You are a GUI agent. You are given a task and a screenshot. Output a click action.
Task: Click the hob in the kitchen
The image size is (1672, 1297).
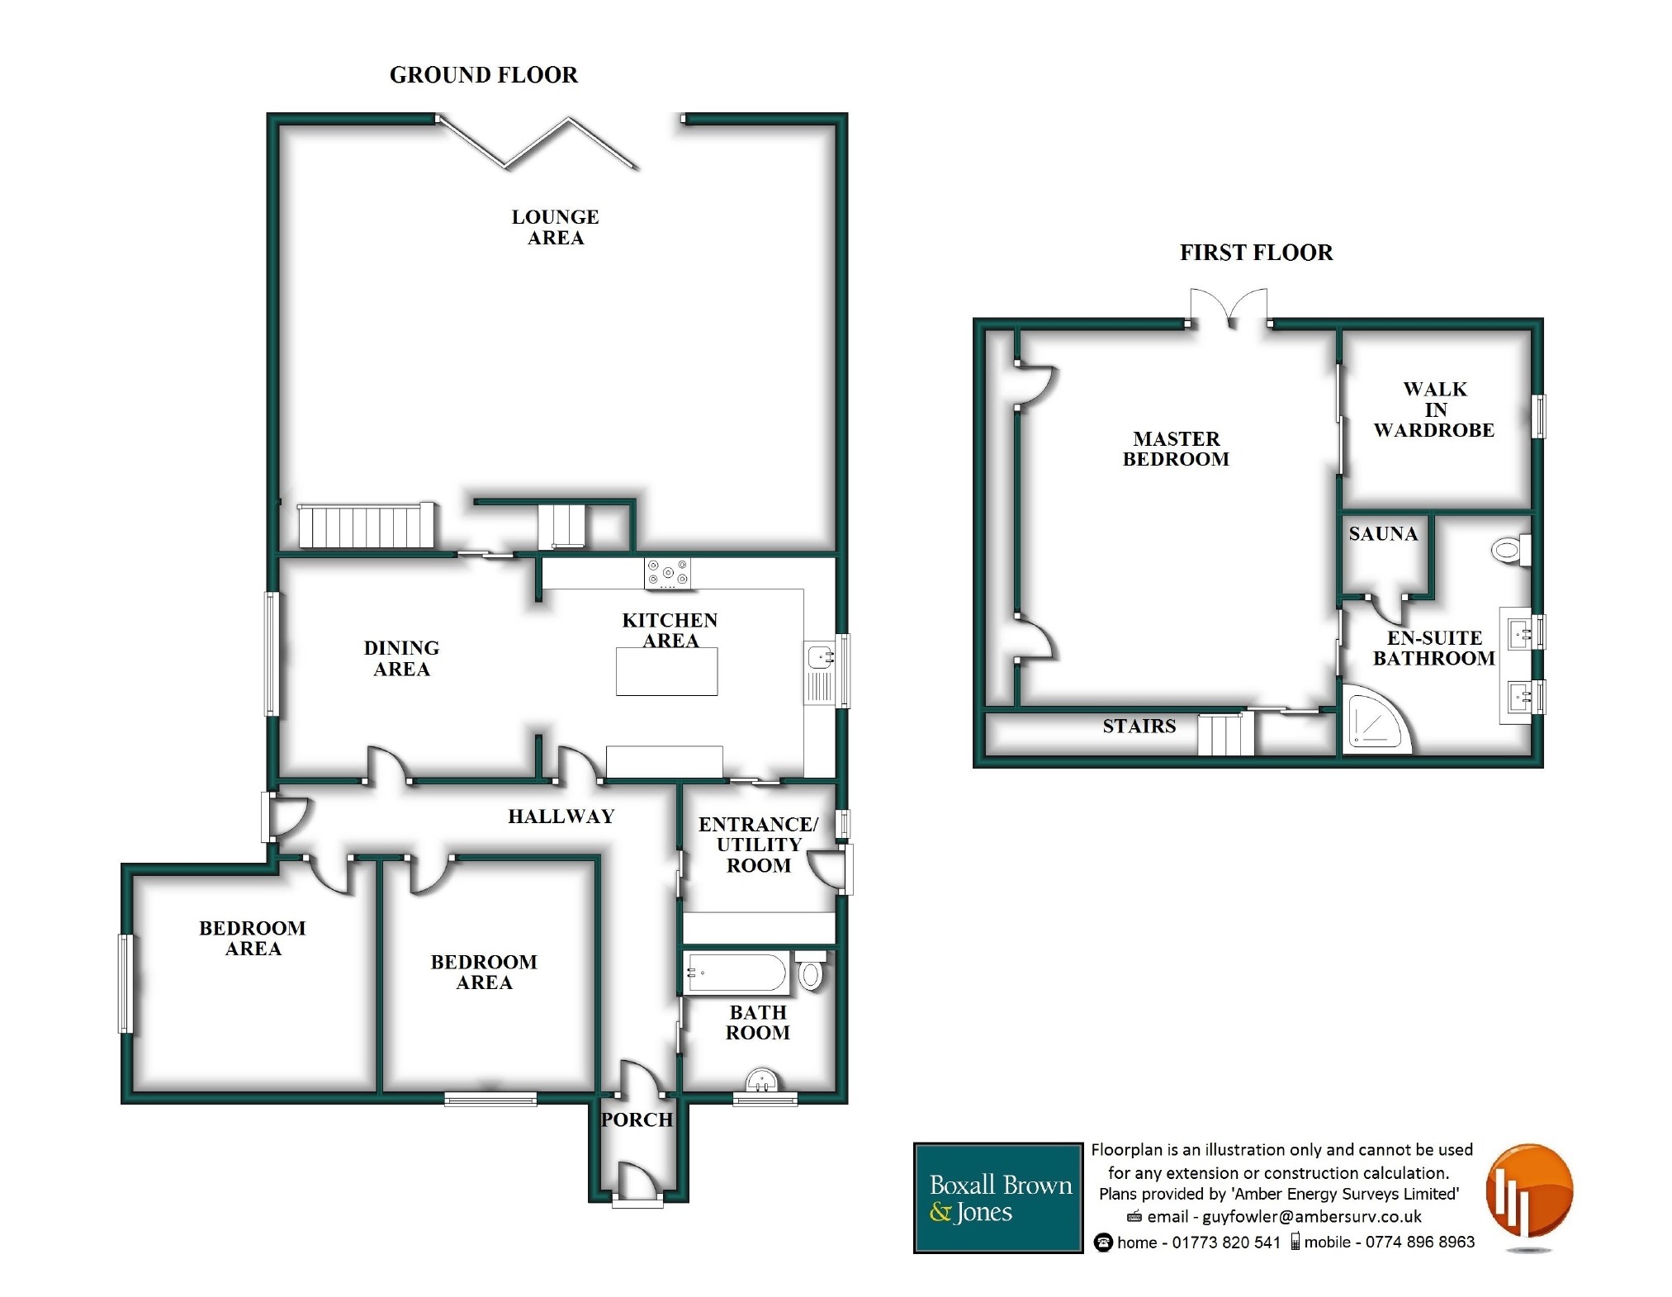click(x=668, y=573)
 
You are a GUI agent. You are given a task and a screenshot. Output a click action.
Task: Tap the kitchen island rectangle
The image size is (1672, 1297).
click(x=666, y=671)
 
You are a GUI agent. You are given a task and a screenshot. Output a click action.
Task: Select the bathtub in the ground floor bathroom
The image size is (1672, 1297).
click(x=736, y=973)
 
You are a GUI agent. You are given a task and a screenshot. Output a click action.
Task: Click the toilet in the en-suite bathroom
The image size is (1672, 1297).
click(x=1511, y=550)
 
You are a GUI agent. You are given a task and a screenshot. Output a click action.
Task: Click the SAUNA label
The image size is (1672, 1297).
click(x=1383, y=534)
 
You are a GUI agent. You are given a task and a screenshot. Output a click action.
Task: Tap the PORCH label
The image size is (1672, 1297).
click(x=637, y=1119)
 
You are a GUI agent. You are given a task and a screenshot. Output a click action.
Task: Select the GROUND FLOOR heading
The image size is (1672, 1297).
click(x=484, y=75)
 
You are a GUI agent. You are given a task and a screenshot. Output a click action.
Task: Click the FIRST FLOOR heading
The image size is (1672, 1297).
click(x=1256, y=253)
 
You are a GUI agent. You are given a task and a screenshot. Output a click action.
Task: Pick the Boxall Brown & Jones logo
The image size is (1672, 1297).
click(x=998, y=1198)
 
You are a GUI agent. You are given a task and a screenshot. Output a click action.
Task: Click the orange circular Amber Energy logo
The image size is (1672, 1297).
click(x=1529, y=1191)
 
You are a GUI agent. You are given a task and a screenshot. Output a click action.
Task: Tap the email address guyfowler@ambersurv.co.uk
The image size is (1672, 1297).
click(x=1312, y=1216)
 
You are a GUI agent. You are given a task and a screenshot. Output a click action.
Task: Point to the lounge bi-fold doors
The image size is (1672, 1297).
click(x=538, y=142)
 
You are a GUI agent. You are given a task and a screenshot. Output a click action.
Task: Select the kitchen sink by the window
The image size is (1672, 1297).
click(x=821, y=673)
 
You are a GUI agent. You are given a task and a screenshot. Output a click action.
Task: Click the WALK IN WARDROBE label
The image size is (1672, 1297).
click(x=1434, y=409)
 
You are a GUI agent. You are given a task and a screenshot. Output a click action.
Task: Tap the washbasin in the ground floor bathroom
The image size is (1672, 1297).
click(x=762, y=1080)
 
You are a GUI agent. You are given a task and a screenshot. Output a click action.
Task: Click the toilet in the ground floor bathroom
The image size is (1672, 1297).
click(x=810, y=972)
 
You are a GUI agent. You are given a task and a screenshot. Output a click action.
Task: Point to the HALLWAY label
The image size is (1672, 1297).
click(x=561, y=817)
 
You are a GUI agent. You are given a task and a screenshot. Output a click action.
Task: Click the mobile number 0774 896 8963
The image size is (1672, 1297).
click(x=1419, y=1242)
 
